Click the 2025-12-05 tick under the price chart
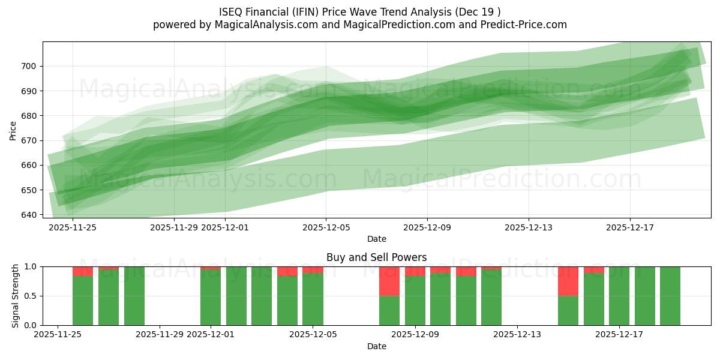pyautogui.click(x=326, y=227)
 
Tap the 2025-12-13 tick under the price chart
pyautogui.click(x=529, y=227)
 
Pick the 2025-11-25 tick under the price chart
pyautogui.click(x=73, y=227)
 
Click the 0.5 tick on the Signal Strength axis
pyautogui.click(x=29, y=296)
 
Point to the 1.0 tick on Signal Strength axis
pyautogui.click(x=29, y=266)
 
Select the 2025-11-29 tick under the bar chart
pyautogui.click(x=160, y=335)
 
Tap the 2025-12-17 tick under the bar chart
pyautogui.click(x=619, y=335)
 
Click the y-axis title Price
pyautogui.click(x=13, y=130)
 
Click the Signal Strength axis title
pyautogui.click(x=16, y=296)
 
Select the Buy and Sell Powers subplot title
pyautogui.click(x=376, y=257)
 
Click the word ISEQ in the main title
pyautogui.click(x=232, y=11)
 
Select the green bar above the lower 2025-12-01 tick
pyautogui.click(x=211, y=297)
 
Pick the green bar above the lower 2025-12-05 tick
pyautogui.click(x=313, y=299)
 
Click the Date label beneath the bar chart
pyautogui.click(x=376, y=346)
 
